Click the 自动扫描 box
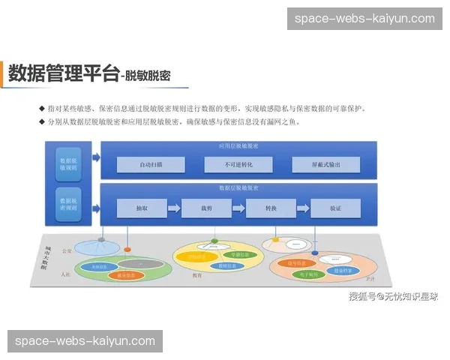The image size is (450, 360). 151,164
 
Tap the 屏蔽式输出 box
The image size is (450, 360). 325,164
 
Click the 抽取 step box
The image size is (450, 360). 141,208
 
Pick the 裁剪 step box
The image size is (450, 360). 206,208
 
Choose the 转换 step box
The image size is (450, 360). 271,208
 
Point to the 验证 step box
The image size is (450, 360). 335,208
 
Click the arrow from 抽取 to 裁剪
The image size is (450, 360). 174,208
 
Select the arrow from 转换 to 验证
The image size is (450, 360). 303,208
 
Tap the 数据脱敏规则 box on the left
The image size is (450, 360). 69,163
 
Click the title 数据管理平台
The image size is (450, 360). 63,73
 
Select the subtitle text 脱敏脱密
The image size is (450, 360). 148,76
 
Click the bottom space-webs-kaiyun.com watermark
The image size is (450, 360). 85,341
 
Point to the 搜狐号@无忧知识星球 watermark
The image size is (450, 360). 393,296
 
